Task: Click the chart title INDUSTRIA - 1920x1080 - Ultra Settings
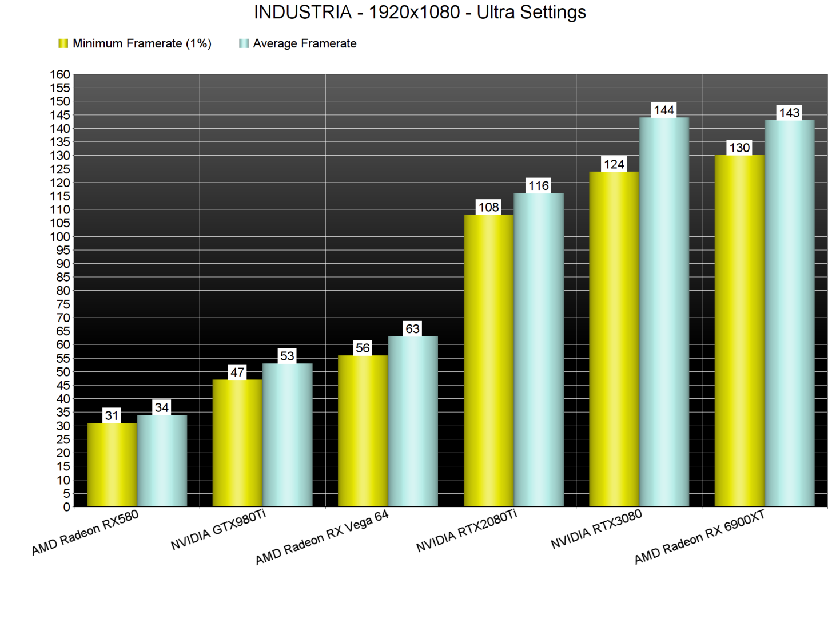coord(420,12)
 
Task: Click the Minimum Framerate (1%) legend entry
coord(136,43)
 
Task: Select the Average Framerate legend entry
coord(298,43)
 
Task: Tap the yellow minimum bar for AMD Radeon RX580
coord(112,465)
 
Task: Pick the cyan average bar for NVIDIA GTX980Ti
coord(288,435)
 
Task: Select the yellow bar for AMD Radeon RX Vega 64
coord(363,431)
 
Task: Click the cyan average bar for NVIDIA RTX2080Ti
coord(539,350)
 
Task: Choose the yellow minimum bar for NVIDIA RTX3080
coord(614,339)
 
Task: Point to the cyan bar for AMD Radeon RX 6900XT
coord(790,313)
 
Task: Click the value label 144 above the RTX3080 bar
coord(664,110)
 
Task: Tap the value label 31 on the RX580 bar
coord(112,415)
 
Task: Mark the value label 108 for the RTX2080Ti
coord(488,207)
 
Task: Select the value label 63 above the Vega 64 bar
coord(412,329)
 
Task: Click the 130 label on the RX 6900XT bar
coord(739,148)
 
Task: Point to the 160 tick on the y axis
coord(60,74)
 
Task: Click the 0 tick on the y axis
coord(66,507)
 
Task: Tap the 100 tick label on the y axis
coord(60,237)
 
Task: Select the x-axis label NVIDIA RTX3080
coord(596,529)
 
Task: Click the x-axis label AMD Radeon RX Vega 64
coord(322,537)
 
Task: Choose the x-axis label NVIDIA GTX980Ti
coord(218,529)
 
